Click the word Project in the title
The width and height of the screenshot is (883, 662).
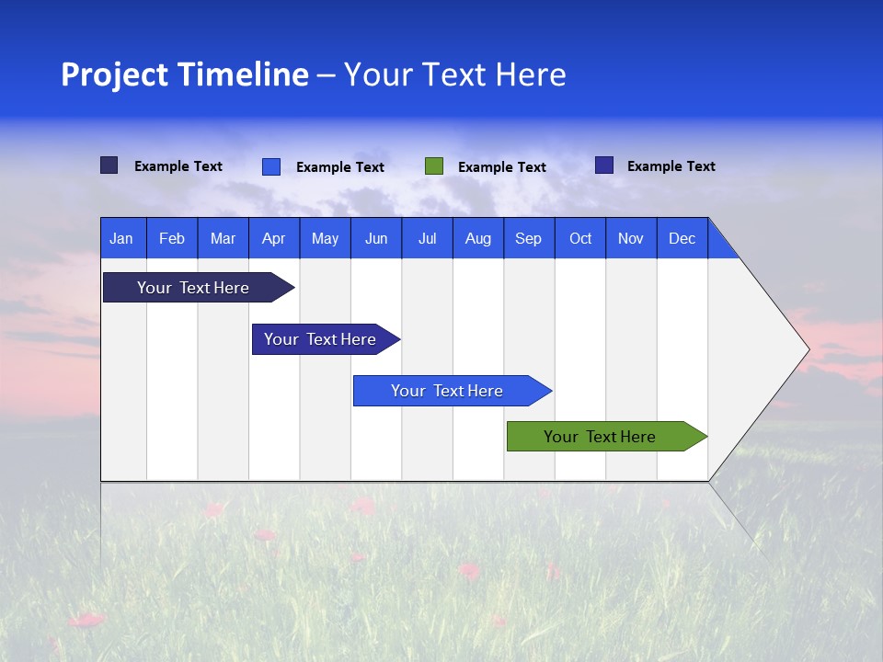pyautogui.click(x=114, y=74)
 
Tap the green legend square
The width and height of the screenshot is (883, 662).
pyautogui.click(x=434, y=165)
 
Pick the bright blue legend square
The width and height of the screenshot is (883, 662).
pyautogui.click(x=271, y=166)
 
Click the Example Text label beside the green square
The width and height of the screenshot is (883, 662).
pyautogui.click(x=501, y=167)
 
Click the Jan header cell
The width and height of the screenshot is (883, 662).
pyautogui.click(x=122, y=238)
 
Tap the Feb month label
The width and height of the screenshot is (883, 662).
pyautogui.click(x=172, y=238)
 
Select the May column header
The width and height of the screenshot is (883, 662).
pyautogui.click(x=325, y=238)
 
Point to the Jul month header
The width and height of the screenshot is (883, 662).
pyautogui.click(x=427, y=238)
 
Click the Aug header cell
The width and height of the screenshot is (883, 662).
pyautogui.click(x=478, y=238)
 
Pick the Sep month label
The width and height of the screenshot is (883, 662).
pyautogui.click(x=529, y=238)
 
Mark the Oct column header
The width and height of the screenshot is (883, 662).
pyautogui.click(x=580, y=238)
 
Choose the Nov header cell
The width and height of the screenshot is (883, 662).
pyautogui.click(x=631, y=238)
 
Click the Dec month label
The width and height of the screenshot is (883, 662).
pyautogui.click(x=682, y=238)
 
